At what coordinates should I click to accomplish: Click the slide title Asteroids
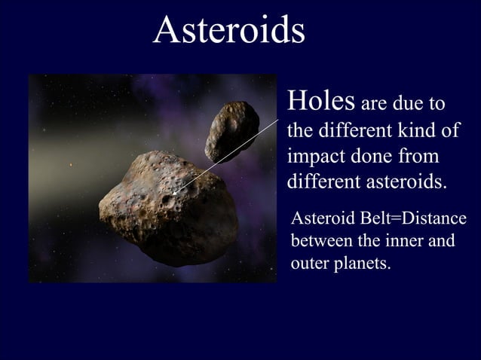(228, 29)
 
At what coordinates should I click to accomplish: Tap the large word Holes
(320, 100)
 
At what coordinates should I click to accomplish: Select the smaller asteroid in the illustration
(231, 130)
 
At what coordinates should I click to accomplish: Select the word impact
(316, 156)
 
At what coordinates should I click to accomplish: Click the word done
(370, 156)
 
